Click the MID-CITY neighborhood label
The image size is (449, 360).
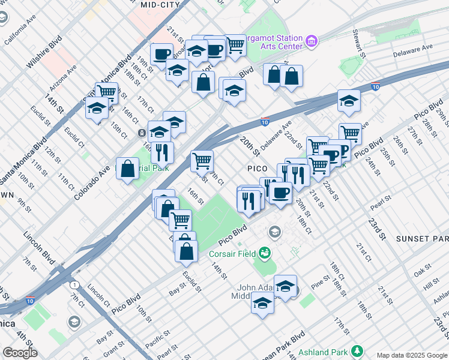click(x=160, y=5)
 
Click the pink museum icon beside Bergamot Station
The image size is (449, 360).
click(x=311, y=41)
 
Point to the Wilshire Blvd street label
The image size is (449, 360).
click(x=45, y=53)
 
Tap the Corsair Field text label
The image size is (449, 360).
click(x=232, y=254)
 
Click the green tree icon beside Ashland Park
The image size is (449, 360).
click(x=357, y=350)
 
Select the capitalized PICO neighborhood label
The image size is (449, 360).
click(x=255, y=169)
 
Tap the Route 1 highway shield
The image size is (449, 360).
click(x=74, y=284)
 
